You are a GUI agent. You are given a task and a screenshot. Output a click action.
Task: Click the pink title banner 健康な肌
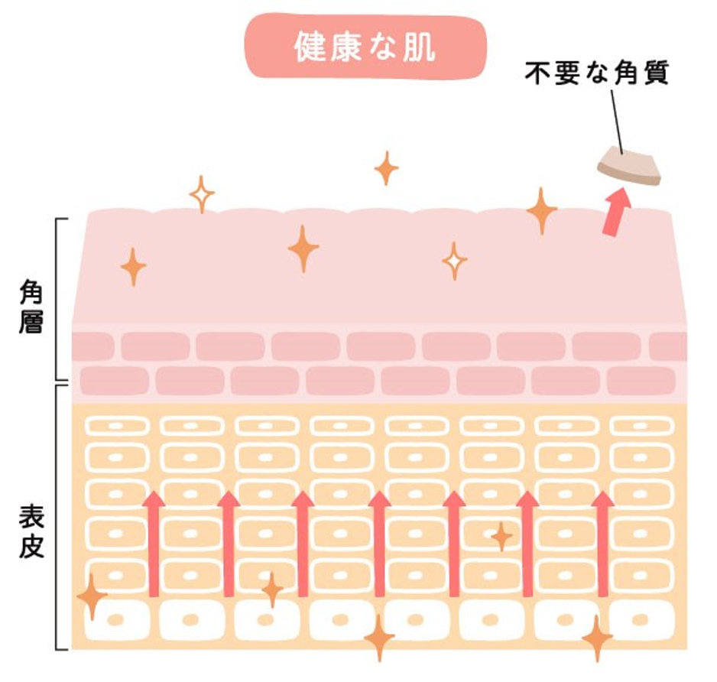click(x=365, y=47)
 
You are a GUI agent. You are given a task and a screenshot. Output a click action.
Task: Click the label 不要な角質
click(x=596, y=75)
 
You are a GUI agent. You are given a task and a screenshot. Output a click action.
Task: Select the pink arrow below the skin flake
click(x=615, y=209)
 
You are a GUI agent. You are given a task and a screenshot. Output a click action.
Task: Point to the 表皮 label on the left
click(x=31, y=532)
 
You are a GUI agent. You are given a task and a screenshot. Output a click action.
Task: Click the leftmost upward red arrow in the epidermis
click(x=154, y=543)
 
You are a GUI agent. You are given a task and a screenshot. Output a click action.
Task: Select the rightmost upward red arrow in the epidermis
click(x=603, y=543)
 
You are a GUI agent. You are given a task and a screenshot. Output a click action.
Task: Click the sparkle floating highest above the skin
click(x=386, y=168)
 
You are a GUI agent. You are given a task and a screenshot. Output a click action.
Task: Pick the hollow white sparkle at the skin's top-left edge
click(x=202, y=194)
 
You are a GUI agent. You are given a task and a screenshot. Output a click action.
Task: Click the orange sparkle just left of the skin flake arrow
click(x=541, y=210)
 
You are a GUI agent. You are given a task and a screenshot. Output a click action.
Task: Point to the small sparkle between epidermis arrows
click(x=501, y=537)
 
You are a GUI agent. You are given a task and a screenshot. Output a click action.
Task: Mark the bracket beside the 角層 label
click(x=60, y=299)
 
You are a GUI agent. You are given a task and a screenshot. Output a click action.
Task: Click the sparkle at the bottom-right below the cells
click(x=596, y=637)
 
